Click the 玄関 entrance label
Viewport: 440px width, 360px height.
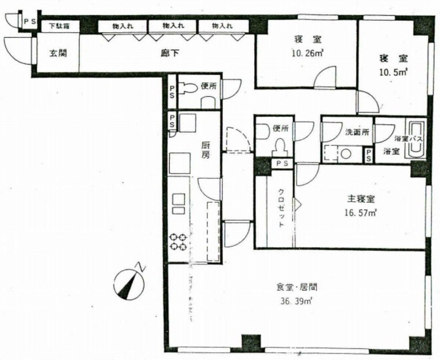58,53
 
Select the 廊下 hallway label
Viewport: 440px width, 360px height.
170,53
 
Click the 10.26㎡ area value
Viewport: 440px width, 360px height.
308,53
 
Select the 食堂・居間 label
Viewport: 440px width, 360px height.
297,287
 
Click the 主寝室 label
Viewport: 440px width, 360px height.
361,199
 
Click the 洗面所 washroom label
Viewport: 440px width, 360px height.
357,132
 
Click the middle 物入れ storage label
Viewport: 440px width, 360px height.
174,26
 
